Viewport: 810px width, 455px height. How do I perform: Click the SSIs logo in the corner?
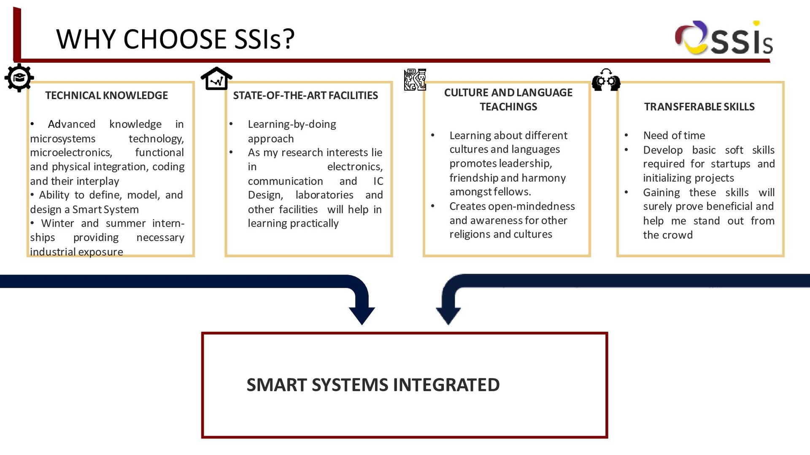pos(723,38)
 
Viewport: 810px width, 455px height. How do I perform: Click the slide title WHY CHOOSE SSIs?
pos(175,39)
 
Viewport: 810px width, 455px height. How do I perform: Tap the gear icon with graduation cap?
pos(19,78)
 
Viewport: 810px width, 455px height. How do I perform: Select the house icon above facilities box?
pos(216,79)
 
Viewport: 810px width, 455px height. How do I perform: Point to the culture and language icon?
pos(415,80)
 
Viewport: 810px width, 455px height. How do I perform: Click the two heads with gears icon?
pos(606,80)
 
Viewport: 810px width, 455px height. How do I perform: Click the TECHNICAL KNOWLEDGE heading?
pos(106,96)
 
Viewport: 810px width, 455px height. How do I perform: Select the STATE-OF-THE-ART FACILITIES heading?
pos(305,96)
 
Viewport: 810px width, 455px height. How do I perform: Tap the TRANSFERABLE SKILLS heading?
pos(699,107)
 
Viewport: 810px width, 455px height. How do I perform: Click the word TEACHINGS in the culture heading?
pos(508,107)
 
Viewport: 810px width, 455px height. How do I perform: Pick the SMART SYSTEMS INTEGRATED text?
pos(373,385)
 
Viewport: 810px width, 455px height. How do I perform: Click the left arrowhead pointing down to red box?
pos(362,315)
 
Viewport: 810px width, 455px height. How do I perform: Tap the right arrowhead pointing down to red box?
pos(448,315)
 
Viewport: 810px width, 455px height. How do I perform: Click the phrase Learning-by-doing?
pos(292,124)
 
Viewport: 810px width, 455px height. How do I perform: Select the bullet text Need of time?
pos(674,136)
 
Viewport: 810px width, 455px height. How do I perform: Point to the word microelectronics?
pos(70,153)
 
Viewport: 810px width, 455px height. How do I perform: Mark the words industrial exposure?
pos(76,252)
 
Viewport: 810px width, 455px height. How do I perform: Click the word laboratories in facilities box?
pos(324,195)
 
